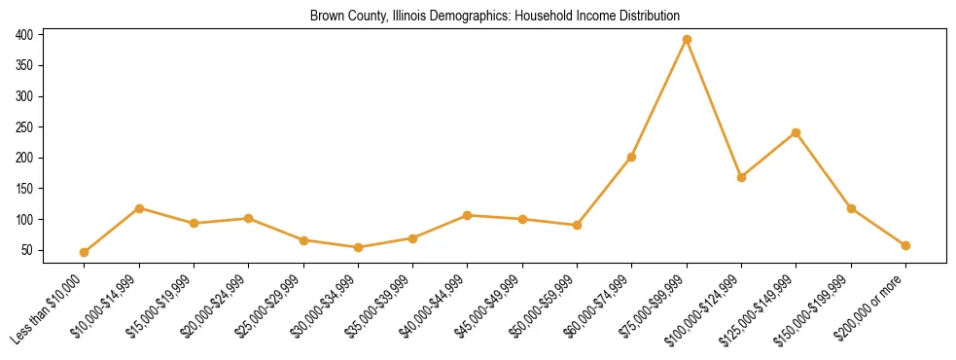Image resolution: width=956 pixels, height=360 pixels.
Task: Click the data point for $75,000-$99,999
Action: tap(687, 39)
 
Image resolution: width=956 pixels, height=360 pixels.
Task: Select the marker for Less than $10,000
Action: tap(85, 252)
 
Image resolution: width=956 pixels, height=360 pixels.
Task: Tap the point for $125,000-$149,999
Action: tap(796, 132)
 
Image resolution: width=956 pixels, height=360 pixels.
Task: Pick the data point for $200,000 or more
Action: tap(905, 245)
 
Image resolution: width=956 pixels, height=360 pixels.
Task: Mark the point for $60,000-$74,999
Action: tap(632, 157)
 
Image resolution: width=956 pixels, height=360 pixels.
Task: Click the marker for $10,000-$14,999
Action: tap(139, 208)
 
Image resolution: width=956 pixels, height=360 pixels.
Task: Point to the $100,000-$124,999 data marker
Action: tap(741, 177)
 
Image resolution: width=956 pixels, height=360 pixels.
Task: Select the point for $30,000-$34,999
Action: tap(358, 247)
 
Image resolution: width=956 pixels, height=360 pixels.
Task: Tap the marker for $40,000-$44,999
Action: tap(468, 215)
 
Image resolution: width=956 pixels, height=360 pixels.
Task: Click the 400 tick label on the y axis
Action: tap(25, 35)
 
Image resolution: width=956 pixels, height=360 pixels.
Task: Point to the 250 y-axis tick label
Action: tap(25, 127)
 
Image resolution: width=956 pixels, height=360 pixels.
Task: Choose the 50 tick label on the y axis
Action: tap(28, 251)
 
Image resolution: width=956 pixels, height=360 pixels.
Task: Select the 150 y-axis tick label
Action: tap(25, 189)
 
